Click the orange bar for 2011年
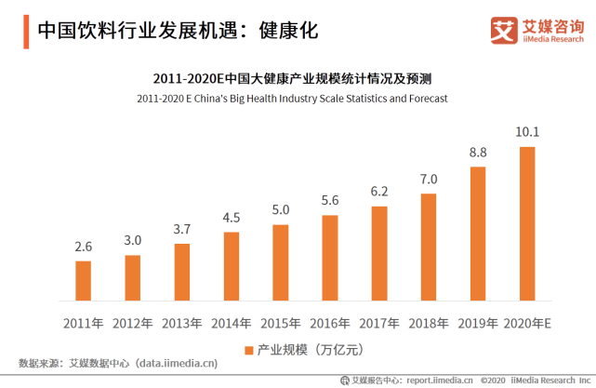pyautogui.click(x=84, y=281)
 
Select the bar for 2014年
pyautogui.click(x=232, y=267)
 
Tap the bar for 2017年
pyautogui.click(x=379, y=254)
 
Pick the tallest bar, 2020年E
pyautogui.click(x=527, y=223)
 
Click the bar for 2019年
pyautogui.click(x=478, y=234)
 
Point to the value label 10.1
pyautogui.click(x=527, y=131)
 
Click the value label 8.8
pyautogui.click(x=478, y=152)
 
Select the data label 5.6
pyautogui.click(x=330, y=200)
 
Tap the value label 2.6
pyautogui.click(x=84, y=247)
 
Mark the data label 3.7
pyautogui.click(x=182, y=229)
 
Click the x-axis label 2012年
pyautogui.click(x=133, y=323)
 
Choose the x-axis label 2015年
pyautogui.click(x=281, y=323)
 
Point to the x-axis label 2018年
pyautogui.click(x=429, y=323)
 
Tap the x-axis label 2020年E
pyautogui.click(x=527, y=323)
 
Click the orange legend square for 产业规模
pyautogui.click(x=248, y=350)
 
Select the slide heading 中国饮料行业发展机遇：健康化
pyautogui.click(x=177, y=30)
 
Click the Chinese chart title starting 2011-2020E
pyautogui.click(x=292, y=78)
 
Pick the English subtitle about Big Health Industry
pyautogui.click(x=292, y=98)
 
